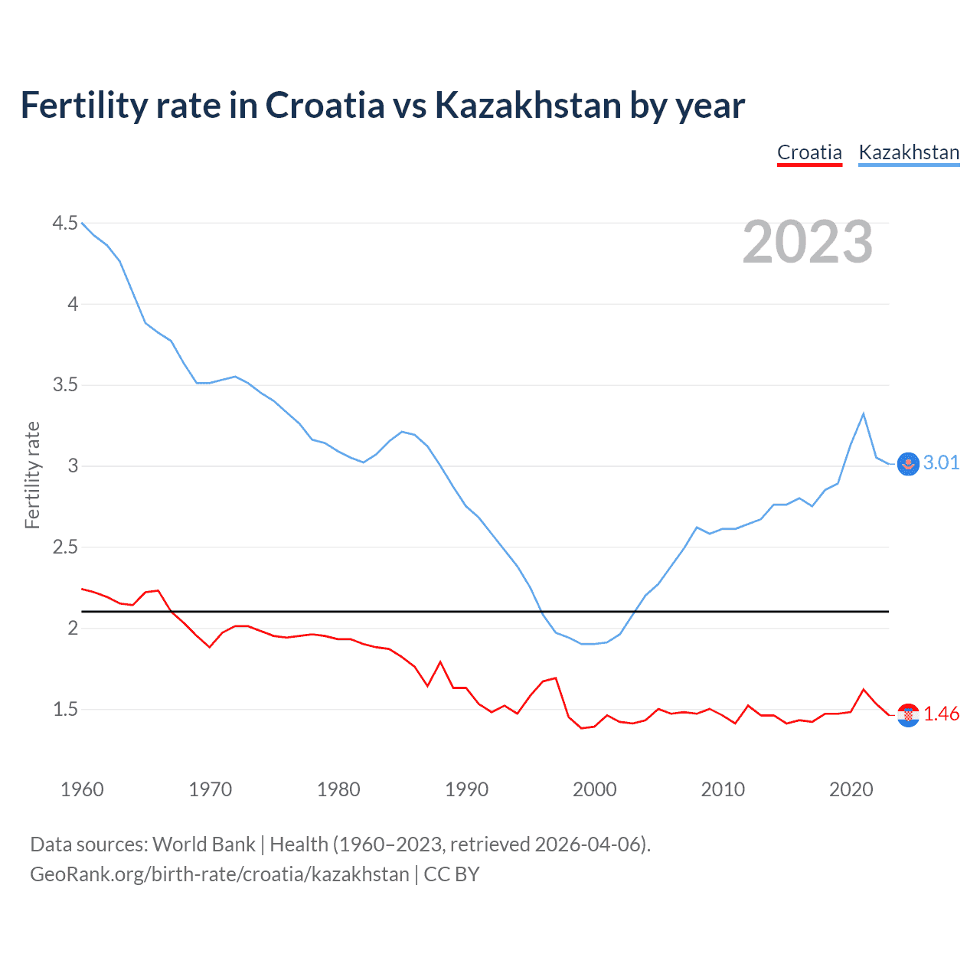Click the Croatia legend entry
809,152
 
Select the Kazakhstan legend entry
909,152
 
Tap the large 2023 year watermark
807,242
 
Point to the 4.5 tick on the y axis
65,223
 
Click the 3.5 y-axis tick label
65,384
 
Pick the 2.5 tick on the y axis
65,547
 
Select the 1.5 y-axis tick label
65,709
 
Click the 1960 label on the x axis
82,789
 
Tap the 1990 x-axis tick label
466,789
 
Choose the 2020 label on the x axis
851,789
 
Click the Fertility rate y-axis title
32,475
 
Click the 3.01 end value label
941,462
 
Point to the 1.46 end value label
941,714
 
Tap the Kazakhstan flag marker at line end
908,464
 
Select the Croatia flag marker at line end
908,715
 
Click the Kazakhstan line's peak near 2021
864,414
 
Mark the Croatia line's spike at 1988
440,661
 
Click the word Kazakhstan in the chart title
528,105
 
